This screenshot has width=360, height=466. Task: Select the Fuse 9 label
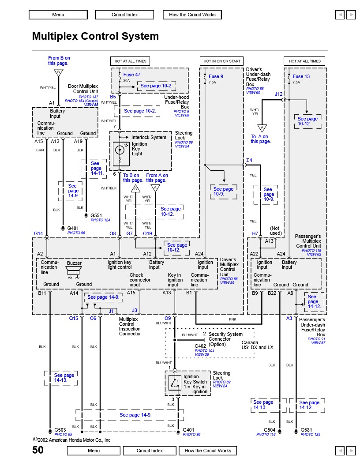216,76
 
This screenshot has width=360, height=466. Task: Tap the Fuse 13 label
301,76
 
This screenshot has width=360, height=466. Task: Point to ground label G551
97,215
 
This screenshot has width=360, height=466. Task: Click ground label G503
60,429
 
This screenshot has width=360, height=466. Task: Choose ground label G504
270,429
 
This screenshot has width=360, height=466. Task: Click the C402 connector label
201,346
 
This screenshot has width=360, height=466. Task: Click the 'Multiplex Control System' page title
95,36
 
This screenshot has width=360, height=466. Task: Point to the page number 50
38,450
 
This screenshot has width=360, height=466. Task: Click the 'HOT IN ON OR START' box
222,61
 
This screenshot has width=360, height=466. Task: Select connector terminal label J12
278,94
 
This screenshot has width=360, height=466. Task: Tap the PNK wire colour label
232,319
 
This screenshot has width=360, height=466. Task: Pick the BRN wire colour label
40,150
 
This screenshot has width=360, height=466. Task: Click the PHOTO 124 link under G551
100,220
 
